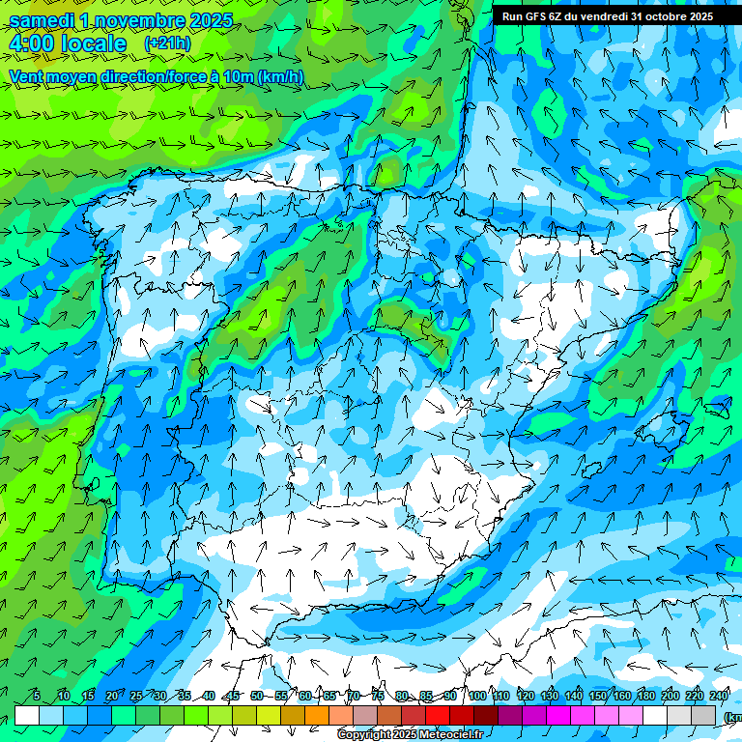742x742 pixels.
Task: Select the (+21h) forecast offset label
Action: coord(167,43)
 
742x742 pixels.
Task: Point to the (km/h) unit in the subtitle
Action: coord(281,77)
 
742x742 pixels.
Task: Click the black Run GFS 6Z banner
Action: coord(608,15)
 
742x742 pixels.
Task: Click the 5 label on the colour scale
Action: coord(37,697)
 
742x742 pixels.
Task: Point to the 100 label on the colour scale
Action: coord(477,697)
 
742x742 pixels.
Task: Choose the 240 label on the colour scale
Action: coord(719,697)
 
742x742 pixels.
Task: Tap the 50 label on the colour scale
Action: coord(256,697)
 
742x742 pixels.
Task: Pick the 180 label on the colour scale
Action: coord(646,697)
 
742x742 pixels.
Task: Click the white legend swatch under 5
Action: coord(27,715)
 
